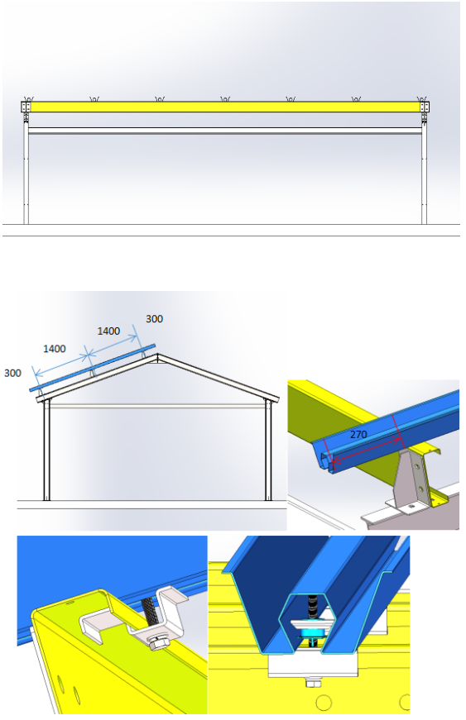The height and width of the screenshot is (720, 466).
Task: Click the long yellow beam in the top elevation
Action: coord(225,107)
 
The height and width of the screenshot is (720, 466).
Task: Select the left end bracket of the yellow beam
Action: coord(26,107)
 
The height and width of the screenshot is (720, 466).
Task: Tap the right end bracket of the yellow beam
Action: coord(425,107)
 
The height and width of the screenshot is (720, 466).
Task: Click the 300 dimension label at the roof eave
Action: coord(13,374)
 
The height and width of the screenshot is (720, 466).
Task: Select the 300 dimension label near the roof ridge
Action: coord(155,319)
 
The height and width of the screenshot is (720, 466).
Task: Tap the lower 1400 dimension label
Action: coord(55,349)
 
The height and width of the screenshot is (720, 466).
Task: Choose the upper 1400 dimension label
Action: coord(108,331)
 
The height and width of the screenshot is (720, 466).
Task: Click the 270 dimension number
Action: coord(358,434)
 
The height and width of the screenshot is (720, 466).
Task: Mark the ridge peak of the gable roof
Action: coord(157,354)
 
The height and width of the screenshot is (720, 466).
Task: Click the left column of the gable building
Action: coord(46,450)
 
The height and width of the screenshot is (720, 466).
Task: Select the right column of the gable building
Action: coord(268,450)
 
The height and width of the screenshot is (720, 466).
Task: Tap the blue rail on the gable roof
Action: coord(93,368)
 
